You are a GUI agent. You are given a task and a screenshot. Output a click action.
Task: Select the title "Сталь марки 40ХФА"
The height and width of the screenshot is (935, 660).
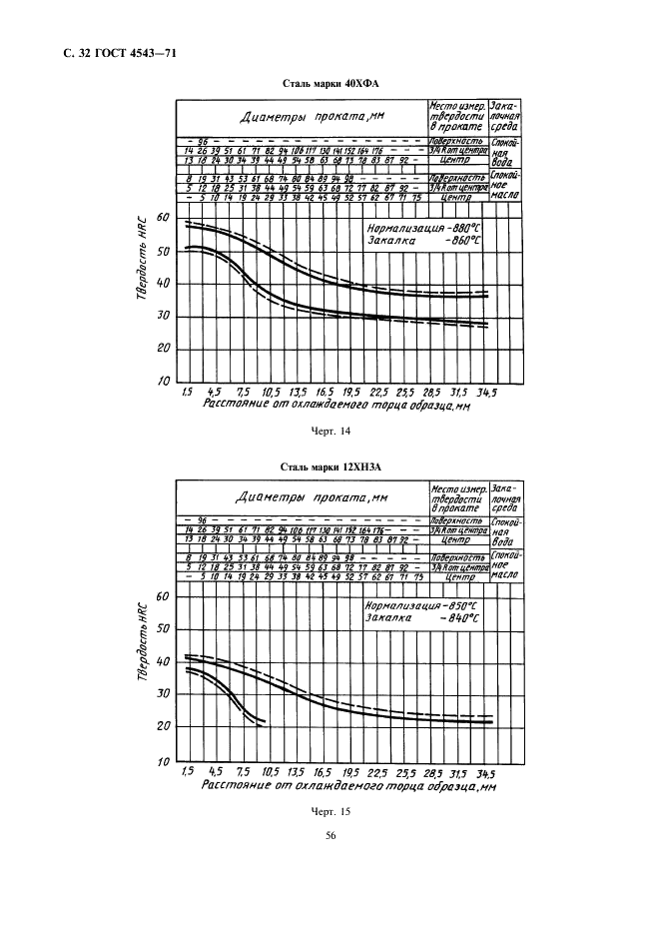[330, 85]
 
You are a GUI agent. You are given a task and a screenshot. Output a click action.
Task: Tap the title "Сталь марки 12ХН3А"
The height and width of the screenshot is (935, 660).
[330, 466]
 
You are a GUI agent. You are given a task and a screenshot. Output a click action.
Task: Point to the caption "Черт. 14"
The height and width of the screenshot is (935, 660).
[330, 431]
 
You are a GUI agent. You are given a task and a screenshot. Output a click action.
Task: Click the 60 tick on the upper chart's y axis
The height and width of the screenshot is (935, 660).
[164, 218]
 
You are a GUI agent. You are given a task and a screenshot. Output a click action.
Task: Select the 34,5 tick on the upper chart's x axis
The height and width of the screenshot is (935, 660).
[485, 393]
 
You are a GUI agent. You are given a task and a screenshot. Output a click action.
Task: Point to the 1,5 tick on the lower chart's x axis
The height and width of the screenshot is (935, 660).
[187, 772]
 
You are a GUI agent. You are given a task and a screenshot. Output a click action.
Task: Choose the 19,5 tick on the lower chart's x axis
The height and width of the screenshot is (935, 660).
[349, 772]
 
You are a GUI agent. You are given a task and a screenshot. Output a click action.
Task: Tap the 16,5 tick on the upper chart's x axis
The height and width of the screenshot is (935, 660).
[323, 393]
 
